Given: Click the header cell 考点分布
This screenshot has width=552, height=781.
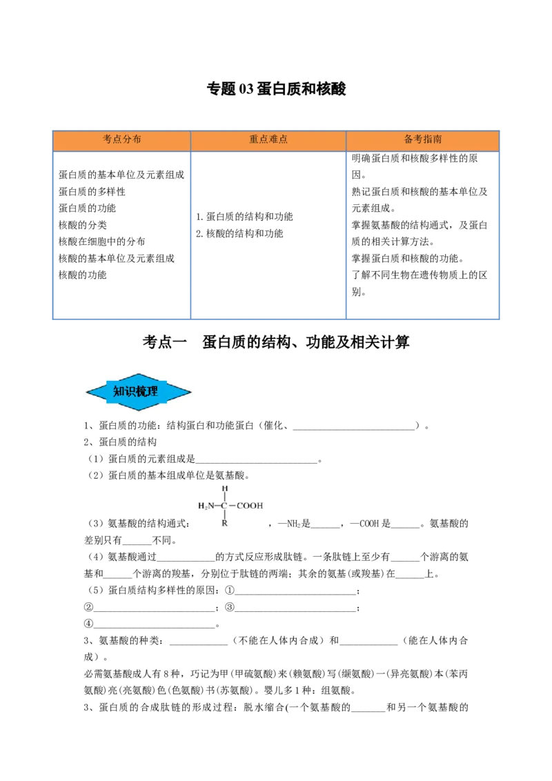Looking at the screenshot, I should coord(122,139).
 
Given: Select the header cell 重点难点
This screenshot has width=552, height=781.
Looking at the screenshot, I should coord(268,139).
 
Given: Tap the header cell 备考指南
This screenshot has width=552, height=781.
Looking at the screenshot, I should coord(423,139).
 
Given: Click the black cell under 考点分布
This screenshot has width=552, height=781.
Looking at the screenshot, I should coord(121,234).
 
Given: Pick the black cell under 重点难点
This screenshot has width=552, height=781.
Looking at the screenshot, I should coord(268,234).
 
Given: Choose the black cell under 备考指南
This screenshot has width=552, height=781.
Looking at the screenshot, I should coord(422,234).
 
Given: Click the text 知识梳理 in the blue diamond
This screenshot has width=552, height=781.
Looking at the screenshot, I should coord(136,392).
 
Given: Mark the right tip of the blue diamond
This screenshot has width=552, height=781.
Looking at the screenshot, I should coord(191,392).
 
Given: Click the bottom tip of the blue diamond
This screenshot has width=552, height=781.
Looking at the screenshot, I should coord(139,411).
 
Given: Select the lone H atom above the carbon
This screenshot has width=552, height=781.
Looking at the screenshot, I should coord(224,488).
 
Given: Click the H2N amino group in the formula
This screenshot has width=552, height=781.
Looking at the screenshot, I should coord(206,506).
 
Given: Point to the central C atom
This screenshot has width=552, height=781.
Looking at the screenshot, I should coord(224,506).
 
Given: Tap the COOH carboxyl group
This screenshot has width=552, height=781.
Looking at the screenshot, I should coord(250,506).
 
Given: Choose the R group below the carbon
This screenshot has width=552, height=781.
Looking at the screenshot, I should coord(224,524).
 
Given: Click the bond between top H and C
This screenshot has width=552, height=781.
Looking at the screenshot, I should coord(224,497).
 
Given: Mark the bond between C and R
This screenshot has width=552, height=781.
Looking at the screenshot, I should coord(224,515).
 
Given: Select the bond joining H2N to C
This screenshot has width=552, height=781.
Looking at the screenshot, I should coord(217,506).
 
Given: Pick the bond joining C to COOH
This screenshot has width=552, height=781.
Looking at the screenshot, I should coord(233,506).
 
